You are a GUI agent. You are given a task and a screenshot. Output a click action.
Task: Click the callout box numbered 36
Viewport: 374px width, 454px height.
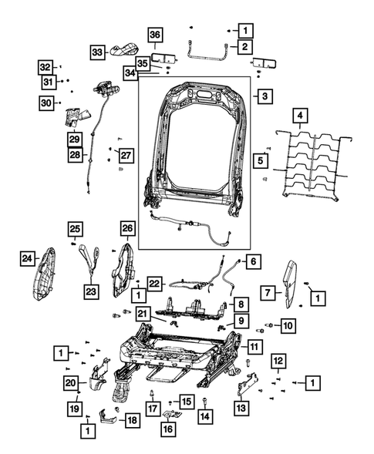pyautogui.click(x=154, y=35)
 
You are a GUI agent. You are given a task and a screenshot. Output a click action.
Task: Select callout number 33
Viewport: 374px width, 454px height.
pyautogui.click(x=98, y=51)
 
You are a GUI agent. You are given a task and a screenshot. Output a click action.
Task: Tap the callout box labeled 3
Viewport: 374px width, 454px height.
pyautogui.click(x=264, y=97)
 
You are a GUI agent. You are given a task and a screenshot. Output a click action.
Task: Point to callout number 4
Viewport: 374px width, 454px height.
pyautogui.click(x=301, y=116)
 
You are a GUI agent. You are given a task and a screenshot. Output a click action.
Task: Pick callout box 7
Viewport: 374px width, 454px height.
pyautogui.click(x=267, y=292)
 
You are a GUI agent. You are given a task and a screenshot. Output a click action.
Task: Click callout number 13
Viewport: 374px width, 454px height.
pyautogui.click(x=241, y=408)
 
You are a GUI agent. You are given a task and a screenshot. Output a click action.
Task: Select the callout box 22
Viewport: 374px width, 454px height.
pyautogui.click(x=155, y=283)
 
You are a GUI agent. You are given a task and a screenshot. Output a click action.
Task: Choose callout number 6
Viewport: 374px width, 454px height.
pyautogui.click(x=253, y=261)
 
